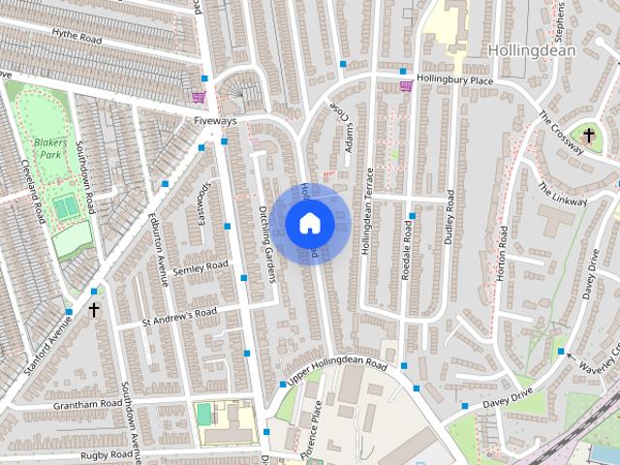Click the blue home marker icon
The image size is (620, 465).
click(309, 224)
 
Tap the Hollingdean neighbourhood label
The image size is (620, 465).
click(532, 50)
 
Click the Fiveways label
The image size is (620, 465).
click(214, 122)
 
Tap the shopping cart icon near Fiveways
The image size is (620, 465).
click(200, 97)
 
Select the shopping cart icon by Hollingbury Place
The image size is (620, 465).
click(406, 86)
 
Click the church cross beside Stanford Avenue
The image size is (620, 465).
click(94, 310)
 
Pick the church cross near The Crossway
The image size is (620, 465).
click(588, 136)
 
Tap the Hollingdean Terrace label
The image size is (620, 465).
click(367, 211)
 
